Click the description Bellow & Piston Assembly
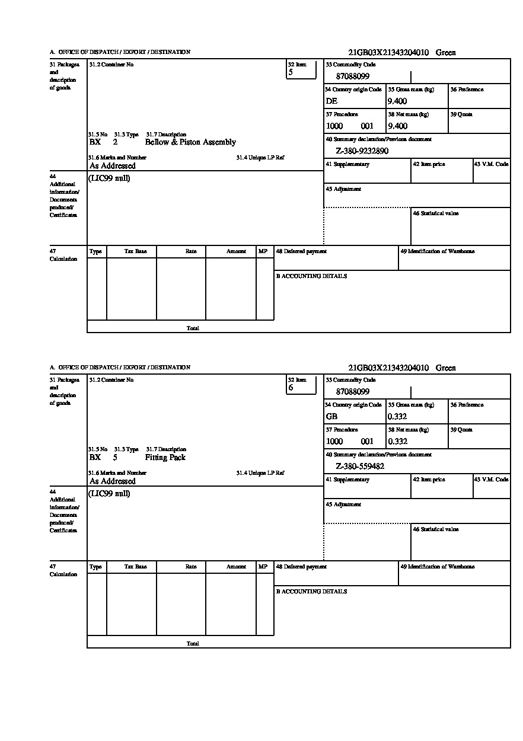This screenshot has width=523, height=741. tap(190, 142)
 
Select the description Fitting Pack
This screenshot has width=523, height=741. tap(165, 458)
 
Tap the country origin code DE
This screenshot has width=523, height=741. tap(331, 101)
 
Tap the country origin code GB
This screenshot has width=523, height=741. tap(331, 417)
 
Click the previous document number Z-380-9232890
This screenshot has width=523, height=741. tap(362, 151)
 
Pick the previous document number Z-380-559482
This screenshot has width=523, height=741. tap(360, 467)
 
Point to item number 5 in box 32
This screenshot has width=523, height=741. tap(291, 72)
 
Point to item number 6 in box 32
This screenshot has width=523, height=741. tap(291, 388)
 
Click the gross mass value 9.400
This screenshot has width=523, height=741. tap(397, 101)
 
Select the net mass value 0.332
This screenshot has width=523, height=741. tap(397, 442)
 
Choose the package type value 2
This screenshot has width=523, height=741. tap(115, 142)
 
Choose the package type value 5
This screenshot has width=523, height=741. tap(115, 458)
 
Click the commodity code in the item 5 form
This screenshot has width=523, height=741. tap(353, 76)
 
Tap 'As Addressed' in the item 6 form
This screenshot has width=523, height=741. tap(113, 481)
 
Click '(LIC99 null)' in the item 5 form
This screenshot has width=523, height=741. tap(110, 178)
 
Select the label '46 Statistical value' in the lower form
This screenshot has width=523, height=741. tap(435, 529)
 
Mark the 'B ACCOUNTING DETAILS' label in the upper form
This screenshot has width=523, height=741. tap(311, 276)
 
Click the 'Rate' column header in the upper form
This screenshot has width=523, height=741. tap(190, 251)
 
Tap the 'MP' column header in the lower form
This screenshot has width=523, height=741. tap(263, 567)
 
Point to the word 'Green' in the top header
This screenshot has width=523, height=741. tap(446, 53)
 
